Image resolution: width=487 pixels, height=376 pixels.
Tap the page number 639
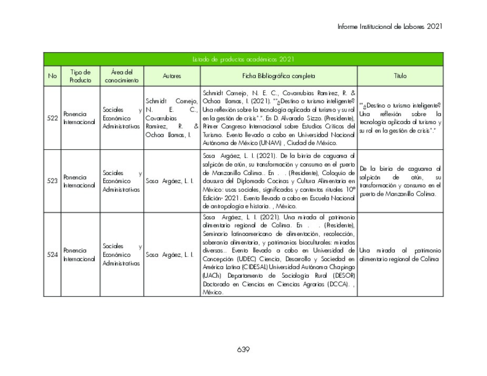243,350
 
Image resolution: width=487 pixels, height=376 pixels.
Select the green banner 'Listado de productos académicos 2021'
243,59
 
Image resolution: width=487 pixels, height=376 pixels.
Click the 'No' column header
52,76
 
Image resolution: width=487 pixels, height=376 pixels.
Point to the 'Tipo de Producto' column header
80,76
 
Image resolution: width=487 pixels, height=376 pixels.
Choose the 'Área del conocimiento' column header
122,76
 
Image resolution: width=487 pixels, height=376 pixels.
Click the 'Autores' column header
172,76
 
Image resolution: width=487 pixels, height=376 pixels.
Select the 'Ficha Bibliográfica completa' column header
279,76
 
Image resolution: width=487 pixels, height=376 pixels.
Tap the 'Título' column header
400,76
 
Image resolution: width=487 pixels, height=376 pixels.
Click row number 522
52,118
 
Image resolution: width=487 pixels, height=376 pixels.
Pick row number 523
52,181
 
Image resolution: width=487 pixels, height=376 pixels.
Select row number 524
52,255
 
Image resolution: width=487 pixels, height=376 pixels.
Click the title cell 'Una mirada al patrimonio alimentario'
400,255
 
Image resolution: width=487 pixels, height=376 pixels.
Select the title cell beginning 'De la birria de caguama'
400,181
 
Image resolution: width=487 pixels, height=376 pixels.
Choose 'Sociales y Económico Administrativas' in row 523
122,181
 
